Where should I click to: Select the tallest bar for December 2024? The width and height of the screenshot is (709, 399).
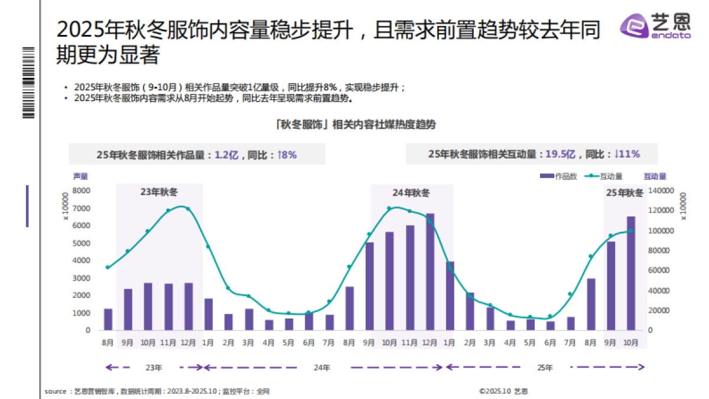tap(430, 272)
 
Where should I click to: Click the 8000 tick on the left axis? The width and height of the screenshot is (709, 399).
tap(82, 191)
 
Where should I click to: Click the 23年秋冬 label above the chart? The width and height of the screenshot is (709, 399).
tap(159, 192)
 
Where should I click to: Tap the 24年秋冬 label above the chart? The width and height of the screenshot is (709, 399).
tap(411, 193)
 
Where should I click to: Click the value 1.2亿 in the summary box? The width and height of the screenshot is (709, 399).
tap(226, 155)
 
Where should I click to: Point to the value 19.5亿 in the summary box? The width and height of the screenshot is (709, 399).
tap(560, 154)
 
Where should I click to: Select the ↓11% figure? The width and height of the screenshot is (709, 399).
tap(627, 154)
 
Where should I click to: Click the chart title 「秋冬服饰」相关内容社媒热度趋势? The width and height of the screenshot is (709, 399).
tap(355, 125)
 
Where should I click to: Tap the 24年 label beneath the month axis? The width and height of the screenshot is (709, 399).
tap(321, 368)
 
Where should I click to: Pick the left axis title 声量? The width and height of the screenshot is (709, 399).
tap(80, 176)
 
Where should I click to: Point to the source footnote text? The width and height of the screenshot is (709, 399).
tap(157, 391)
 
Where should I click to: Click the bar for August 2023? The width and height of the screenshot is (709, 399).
tap(108, 319)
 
